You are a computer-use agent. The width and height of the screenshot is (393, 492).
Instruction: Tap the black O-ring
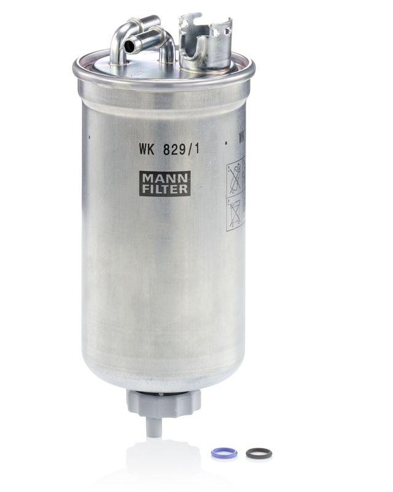259,453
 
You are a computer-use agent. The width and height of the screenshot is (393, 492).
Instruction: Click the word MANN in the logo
164,178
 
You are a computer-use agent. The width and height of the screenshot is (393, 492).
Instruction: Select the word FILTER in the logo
164,189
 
